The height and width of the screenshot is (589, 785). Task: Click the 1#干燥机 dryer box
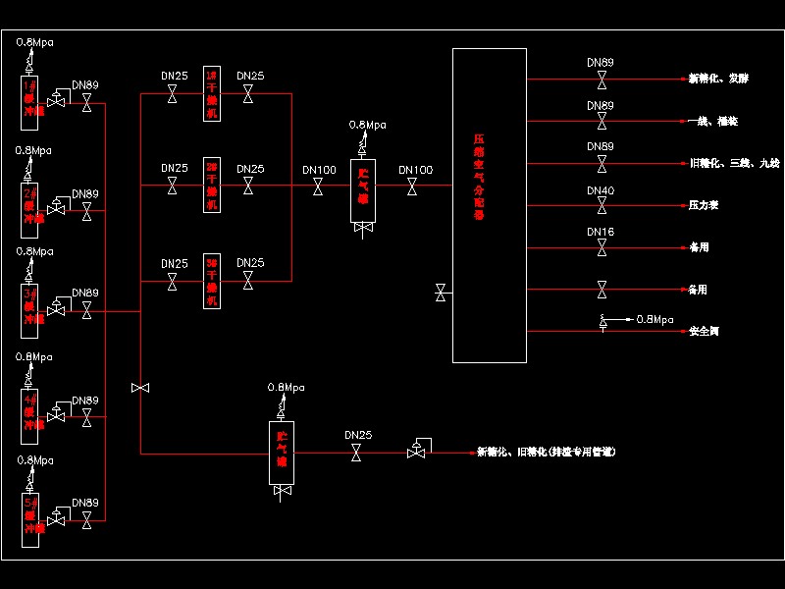coord(212,94)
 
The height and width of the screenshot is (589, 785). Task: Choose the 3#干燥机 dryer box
coord(212,282)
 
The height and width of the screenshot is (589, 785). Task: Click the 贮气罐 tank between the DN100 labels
coord(363,186)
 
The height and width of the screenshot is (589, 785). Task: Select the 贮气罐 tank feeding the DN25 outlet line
coord(282,453)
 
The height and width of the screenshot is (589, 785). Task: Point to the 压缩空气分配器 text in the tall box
coord(479,177)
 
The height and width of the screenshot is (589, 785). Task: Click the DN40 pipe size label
coord(601,190)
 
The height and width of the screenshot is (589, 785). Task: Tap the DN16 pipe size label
coord(601,233)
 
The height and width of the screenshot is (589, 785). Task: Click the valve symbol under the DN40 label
coord(602,205)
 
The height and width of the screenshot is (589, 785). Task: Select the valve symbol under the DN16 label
coord(602,247)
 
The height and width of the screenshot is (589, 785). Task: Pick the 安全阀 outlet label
coord(705,332)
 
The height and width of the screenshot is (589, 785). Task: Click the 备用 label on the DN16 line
coord(698,247)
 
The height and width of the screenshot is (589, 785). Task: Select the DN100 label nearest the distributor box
coord(415,171)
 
